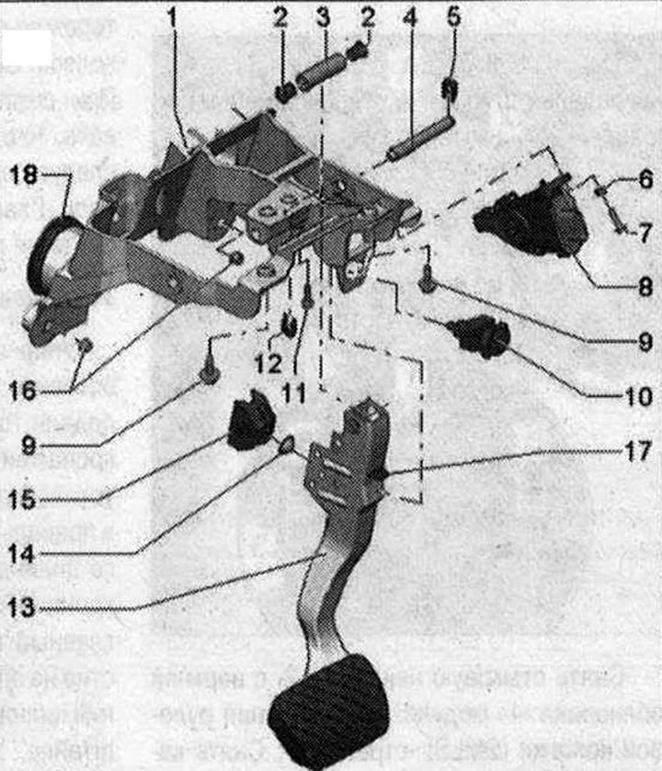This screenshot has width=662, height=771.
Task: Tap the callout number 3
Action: pos(323,15)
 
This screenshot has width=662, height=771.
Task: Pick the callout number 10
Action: pos(641,398)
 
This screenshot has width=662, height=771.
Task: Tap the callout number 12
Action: pos(268,362)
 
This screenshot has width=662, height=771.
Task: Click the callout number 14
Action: pos(25,554)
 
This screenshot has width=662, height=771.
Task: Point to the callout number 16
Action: pos(25,391)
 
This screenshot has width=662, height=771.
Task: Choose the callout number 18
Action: pos(25,176)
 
